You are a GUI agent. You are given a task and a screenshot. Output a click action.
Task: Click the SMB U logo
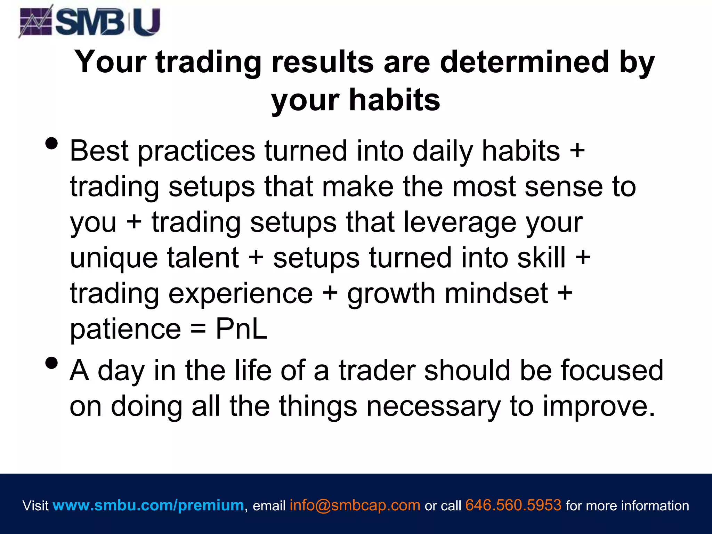tap(90, 22)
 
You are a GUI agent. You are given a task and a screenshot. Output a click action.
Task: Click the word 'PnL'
tap(241, 329)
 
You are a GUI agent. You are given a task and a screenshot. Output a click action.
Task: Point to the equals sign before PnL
tap(198, 330)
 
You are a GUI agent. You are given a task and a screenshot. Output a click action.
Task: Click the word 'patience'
tap(126, 330)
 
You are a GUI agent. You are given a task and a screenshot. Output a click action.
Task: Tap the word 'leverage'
tap(460, 222)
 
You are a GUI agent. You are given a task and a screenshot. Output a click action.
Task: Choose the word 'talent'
tap(203, 258)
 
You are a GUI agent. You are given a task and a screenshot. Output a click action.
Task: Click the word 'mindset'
tap(496, 293)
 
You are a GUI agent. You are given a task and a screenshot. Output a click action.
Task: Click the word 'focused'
tap(612, 371)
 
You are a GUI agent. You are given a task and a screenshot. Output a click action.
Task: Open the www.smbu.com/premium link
tap(148, 505)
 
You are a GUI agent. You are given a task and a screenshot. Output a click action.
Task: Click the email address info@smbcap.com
tap(355, 505)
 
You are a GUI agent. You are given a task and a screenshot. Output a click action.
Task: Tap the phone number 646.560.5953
tap(513, 505)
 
